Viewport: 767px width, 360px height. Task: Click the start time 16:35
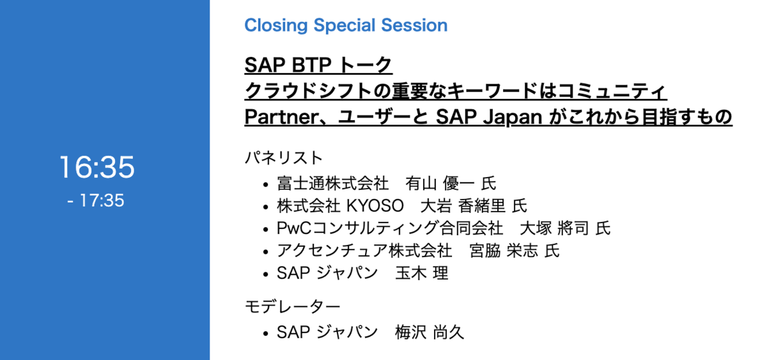coord(97,167)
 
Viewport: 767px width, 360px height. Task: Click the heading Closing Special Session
coord(346,26)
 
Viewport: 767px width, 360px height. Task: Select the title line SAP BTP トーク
coord(318,65)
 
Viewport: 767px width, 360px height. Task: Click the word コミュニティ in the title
coord(612,91)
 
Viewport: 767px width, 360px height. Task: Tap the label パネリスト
coord(284,158)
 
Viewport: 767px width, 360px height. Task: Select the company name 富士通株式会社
coord(332,184)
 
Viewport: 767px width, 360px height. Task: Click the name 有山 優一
coord(440,184)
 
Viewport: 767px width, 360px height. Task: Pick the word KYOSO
coord(375,206)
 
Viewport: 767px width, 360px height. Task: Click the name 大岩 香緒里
coord(463,206)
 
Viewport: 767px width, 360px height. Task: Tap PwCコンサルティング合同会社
coord(390,228)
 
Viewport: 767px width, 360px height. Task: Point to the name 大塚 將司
coord(554,228)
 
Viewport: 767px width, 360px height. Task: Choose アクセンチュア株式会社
coord(364,251)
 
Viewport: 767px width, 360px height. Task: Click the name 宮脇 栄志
coord(504,251)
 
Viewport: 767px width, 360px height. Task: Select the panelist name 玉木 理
coord(422,273)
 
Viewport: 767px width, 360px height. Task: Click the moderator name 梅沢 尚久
coord(430,333)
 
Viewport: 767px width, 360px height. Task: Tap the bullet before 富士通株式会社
coord(265,185)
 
